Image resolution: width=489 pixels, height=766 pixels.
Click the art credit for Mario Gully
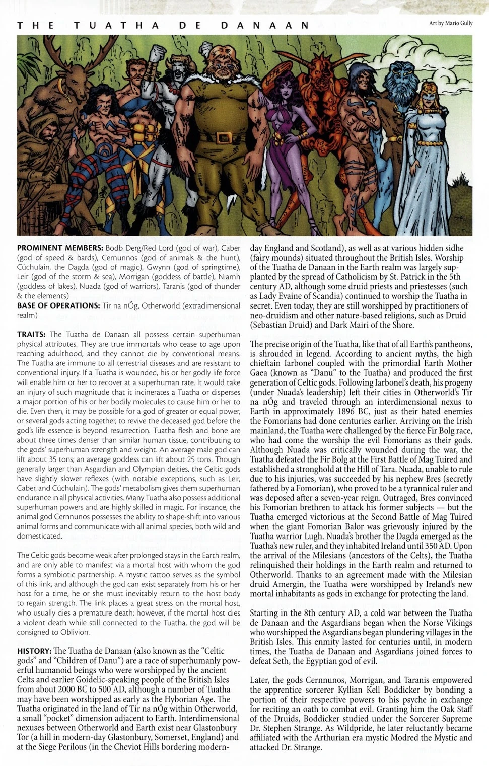451,23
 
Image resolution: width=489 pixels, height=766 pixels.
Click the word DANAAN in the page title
265,25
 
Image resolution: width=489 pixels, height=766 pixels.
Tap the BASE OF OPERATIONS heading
58,305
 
